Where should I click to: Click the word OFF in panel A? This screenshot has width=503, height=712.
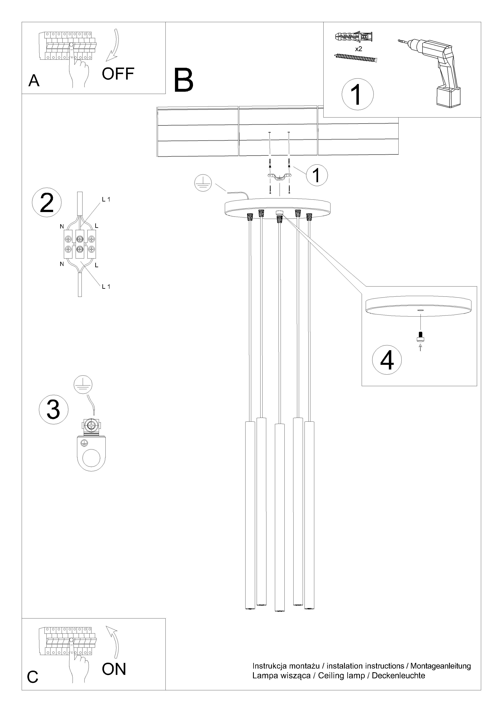coord(118,74)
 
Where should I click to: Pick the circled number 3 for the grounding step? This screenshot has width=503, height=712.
coord(53,409)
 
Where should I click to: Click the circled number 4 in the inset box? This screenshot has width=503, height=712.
coord(387,360)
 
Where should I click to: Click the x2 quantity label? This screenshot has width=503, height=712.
coord(359,49)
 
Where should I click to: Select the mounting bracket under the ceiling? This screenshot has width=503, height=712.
coord(280,177)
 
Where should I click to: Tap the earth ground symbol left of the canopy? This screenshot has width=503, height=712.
coord(203,183)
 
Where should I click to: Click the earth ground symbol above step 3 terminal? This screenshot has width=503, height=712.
coord(83,385)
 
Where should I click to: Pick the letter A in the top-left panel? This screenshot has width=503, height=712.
coord(34,81)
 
